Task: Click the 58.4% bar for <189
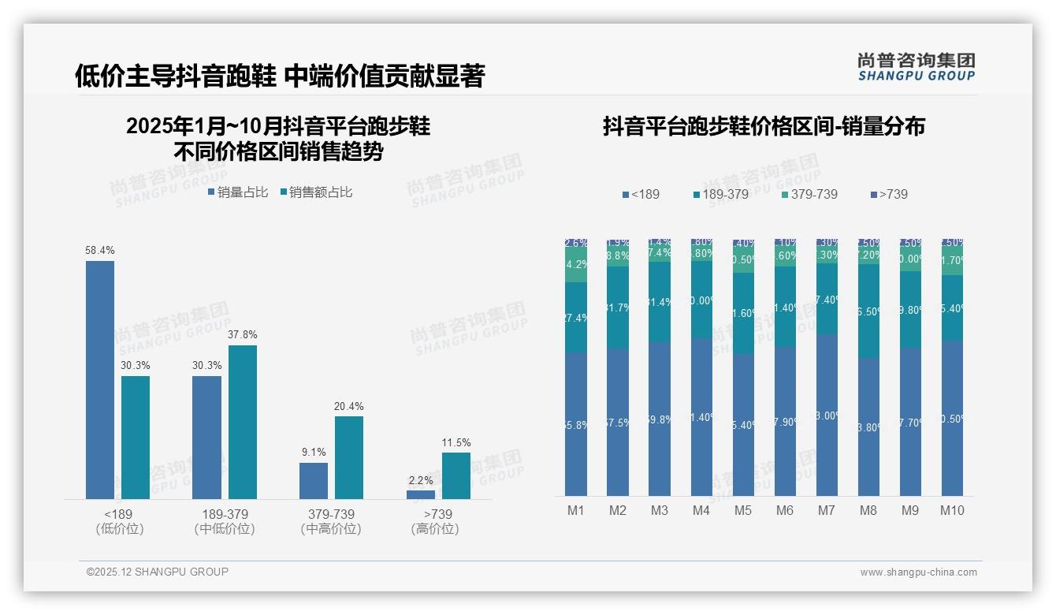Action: [100, 379]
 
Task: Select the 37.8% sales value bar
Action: [243, 422]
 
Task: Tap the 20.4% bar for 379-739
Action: [349, 457]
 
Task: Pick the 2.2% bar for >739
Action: [421, 494]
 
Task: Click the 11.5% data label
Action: [456, 442]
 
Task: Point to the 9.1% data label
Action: [313, 453]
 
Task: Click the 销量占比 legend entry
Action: [238, 192]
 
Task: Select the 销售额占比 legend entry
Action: [316, 192]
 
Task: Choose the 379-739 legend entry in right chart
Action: [809, 194]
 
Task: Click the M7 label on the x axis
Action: [827, 510]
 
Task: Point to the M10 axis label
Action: [952, 510]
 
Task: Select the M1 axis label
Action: [576, 510]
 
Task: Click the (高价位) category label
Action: [435, 529]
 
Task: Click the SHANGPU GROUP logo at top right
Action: [916, 67]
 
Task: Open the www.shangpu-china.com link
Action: [918, 572]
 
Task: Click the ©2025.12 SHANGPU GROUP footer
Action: [158, 572]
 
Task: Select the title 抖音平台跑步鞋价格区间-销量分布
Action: [764, 126]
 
